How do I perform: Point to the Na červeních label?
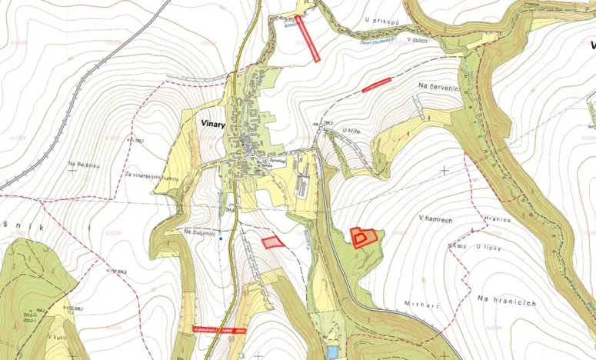click(438, 88)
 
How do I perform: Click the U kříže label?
click(351, 132)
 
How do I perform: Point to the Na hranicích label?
click(505, 302)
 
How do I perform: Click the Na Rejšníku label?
click(85, 163)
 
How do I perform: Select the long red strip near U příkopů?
click(307, 38)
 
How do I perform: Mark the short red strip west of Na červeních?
click(377, 85)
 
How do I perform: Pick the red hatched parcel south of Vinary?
click(272, 242)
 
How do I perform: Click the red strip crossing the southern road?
click(218, 329)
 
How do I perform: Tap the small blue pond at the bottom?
click(331, 352)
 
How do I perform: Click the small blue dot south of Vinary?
click(221, 238)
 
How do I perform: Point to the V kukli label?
click(54, 337)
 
